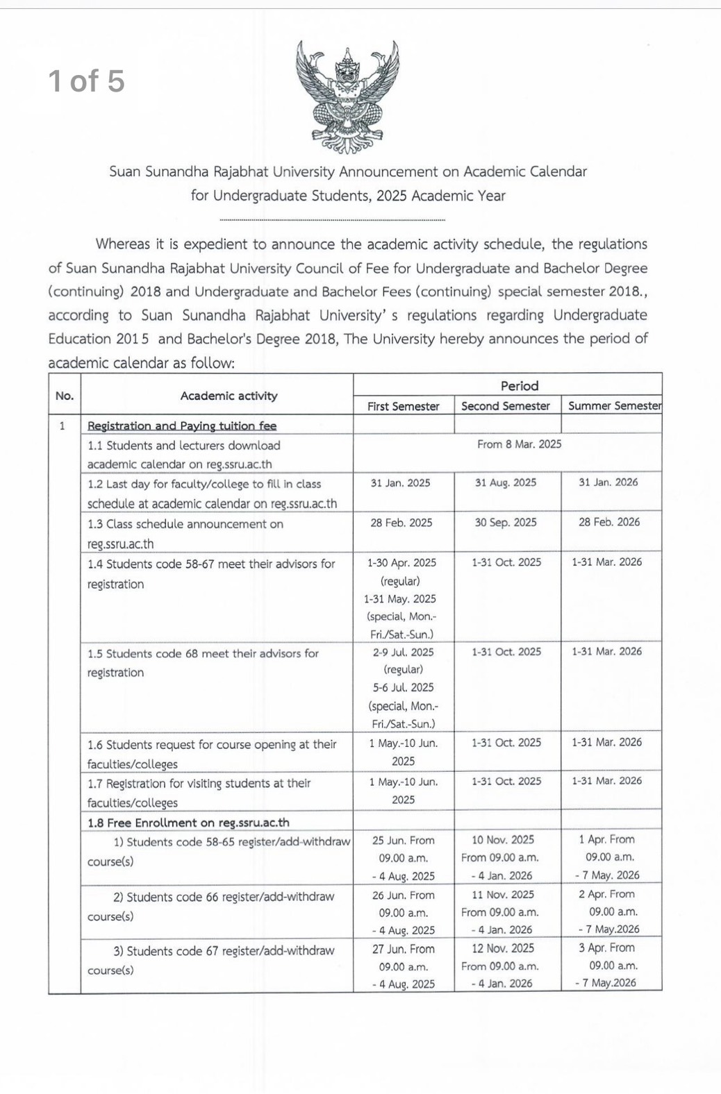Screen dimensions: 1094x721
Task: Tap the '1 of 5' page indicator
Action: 87,81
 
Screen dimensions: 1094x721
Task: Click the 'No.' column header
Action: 64,396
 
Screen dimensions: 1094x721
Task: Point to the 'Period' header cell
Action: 519,386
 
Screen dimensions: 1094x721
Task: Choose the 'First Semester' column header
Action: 403,406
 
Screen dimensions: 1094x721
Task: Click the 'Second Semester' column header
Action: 506,406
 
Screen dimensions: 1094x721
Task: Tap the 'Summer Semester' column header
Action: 614,406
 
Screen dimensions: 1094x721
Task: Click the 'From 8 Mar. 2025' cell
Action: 519,444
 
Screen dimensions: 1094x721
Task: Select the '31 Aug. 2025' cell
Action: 506,482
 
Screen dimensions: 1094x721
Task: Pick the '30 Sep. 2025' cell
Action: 506,522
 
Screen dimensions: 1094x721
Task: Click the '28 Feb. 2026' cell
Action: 609,522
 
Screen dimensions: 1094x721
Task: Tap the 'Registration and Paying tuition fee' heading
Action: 182,426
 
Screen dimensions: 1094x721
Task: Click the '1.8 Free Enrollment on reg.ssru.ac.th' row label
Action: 188,823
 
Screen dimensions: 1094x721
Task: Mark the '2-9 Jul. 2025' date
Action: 403,652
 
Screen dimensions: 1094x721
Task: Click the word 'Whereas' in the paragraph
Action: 122,244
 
